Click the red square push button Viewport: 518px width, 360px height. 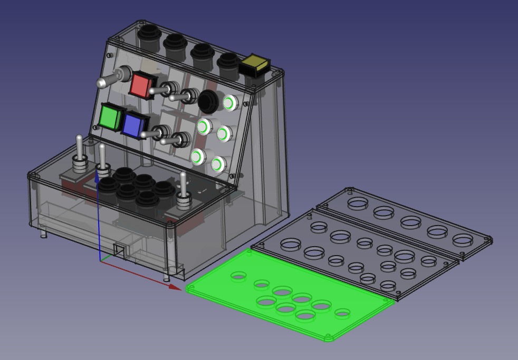pos(141,85)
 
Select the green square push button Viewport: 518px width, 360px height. pos(110,116)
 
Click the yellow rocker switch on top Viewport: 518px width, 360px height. pos(255,64)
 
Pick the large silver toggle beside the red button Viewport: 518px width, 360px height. pos(112,79)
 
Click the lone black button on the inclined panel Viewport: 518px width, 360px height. pos(208,100)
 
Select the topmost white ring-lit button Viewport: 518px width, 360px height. pos(230,103)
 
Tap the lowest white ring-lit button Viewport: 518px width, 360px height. pos(217,164)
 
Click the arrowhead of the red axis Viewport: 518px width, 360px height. pos(176,287)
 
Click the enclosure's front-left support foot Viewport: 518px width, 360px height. pos(43,232)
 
